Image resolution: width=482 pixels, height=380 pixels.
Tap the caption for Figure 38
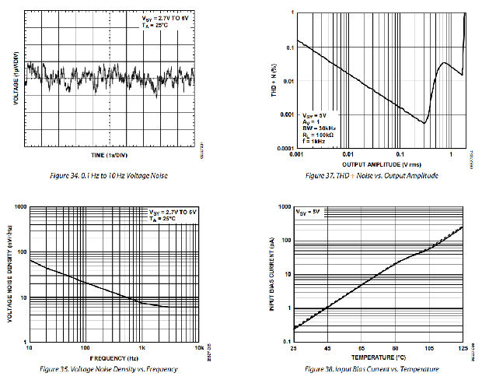[x=372, y=368]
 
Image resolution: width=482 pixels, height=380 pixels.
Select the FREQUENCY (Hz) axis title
[x=114, y=357]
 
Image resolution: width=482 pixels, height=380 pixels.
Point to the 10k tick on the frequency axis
[x=198, y=348]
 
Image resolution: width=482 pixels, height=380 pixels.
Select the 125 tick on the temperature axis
[x=463, y=348]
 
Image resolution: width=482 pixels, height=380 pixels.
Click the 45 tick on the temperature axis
[x=327, y=348]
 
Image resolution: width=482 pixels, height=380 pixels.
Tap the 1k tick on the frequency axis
[x=141, y=348]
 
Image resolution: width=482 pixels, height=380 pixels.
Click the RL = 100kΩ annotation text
[x=320, y=134]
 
